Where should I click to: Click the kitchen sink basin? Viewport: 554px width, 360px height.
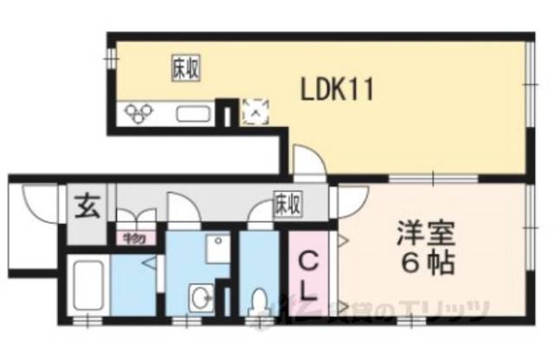(x=195, y=113)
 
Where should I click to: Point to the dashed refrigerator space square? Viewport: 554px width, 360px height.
(x=256, y=111)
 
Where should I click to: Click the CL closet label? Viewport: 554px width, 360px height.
(x=309, y=274)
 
